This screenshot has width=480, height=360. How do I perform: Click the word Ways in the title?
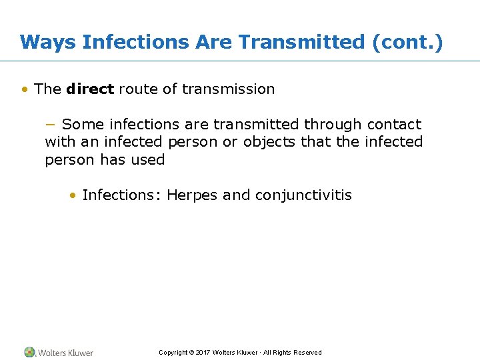[49, 42]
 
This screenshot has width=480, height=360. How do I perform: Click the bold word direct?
[90, 89]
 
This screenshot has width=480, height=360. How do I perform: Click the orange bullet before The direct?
[25, 89]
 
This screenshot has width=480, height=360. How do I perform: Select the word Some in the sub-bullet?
[83, 125]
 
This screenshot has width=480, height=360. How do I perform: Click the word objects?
[270, 142]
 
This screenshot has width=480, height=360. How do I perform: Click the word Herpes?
[192, 195]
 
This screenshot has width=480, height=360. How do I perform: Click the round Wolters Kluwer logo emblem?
[29, 352]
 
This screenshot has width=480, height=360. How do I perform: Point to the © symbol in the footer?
[191, 353]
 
